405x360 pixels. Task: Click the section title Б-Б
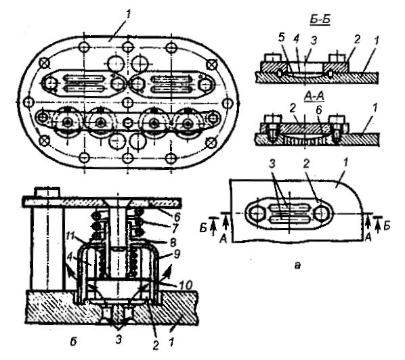[320, 20]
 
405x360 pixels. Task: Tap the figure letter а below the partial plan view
[298, 265]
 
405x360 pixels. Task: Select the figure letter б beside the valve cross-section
[73, 342]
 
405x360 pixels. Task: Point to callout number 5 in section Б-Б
[282, 38]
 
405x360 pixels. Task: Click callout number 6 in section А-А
[319, 110]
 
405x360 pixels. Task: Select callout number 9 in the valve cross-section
[177, 254]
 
